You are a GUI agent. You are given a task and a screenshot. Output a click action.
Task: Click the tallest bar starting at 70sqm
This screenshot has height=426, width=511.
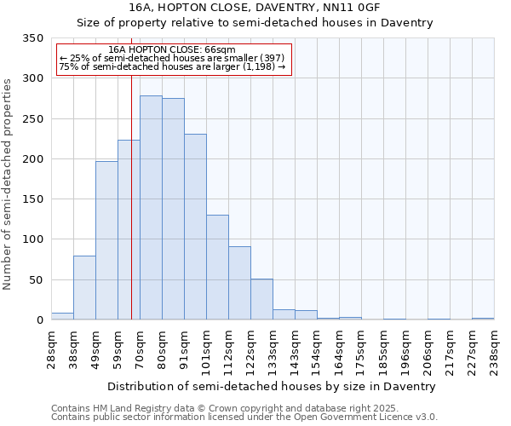[151, 208]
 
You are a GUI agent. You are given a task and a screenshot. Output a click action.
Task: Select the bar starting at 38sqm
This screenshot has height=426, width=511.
[84, 287]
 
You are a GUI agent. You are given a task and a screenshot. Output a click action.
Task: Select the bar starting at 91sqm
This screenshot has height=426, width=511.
[195, 227]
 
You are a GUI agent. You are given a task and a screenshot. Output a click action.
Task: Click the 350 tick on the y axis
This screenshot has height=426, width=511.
[32, 38]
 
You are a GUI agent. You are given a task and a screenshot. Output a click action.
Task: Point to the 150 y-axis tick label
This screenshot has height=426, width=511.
[32, 199]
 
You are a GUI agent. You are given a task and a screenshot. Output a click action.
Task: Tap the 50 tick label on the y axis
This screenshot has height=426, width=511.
[36, 280]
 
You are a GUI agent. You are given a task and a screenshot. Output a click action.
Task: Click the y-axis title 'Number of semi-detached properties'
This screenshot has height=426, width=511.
[9, 183]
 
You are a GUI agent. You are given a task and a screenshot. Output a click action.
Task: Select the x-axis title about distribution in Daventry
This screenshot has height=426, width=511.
[273, 386]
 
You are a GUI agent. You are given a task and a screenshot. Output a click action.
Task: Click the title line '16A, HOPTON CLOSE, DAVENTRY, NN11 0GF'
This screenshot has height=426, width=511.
[255, 8]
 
